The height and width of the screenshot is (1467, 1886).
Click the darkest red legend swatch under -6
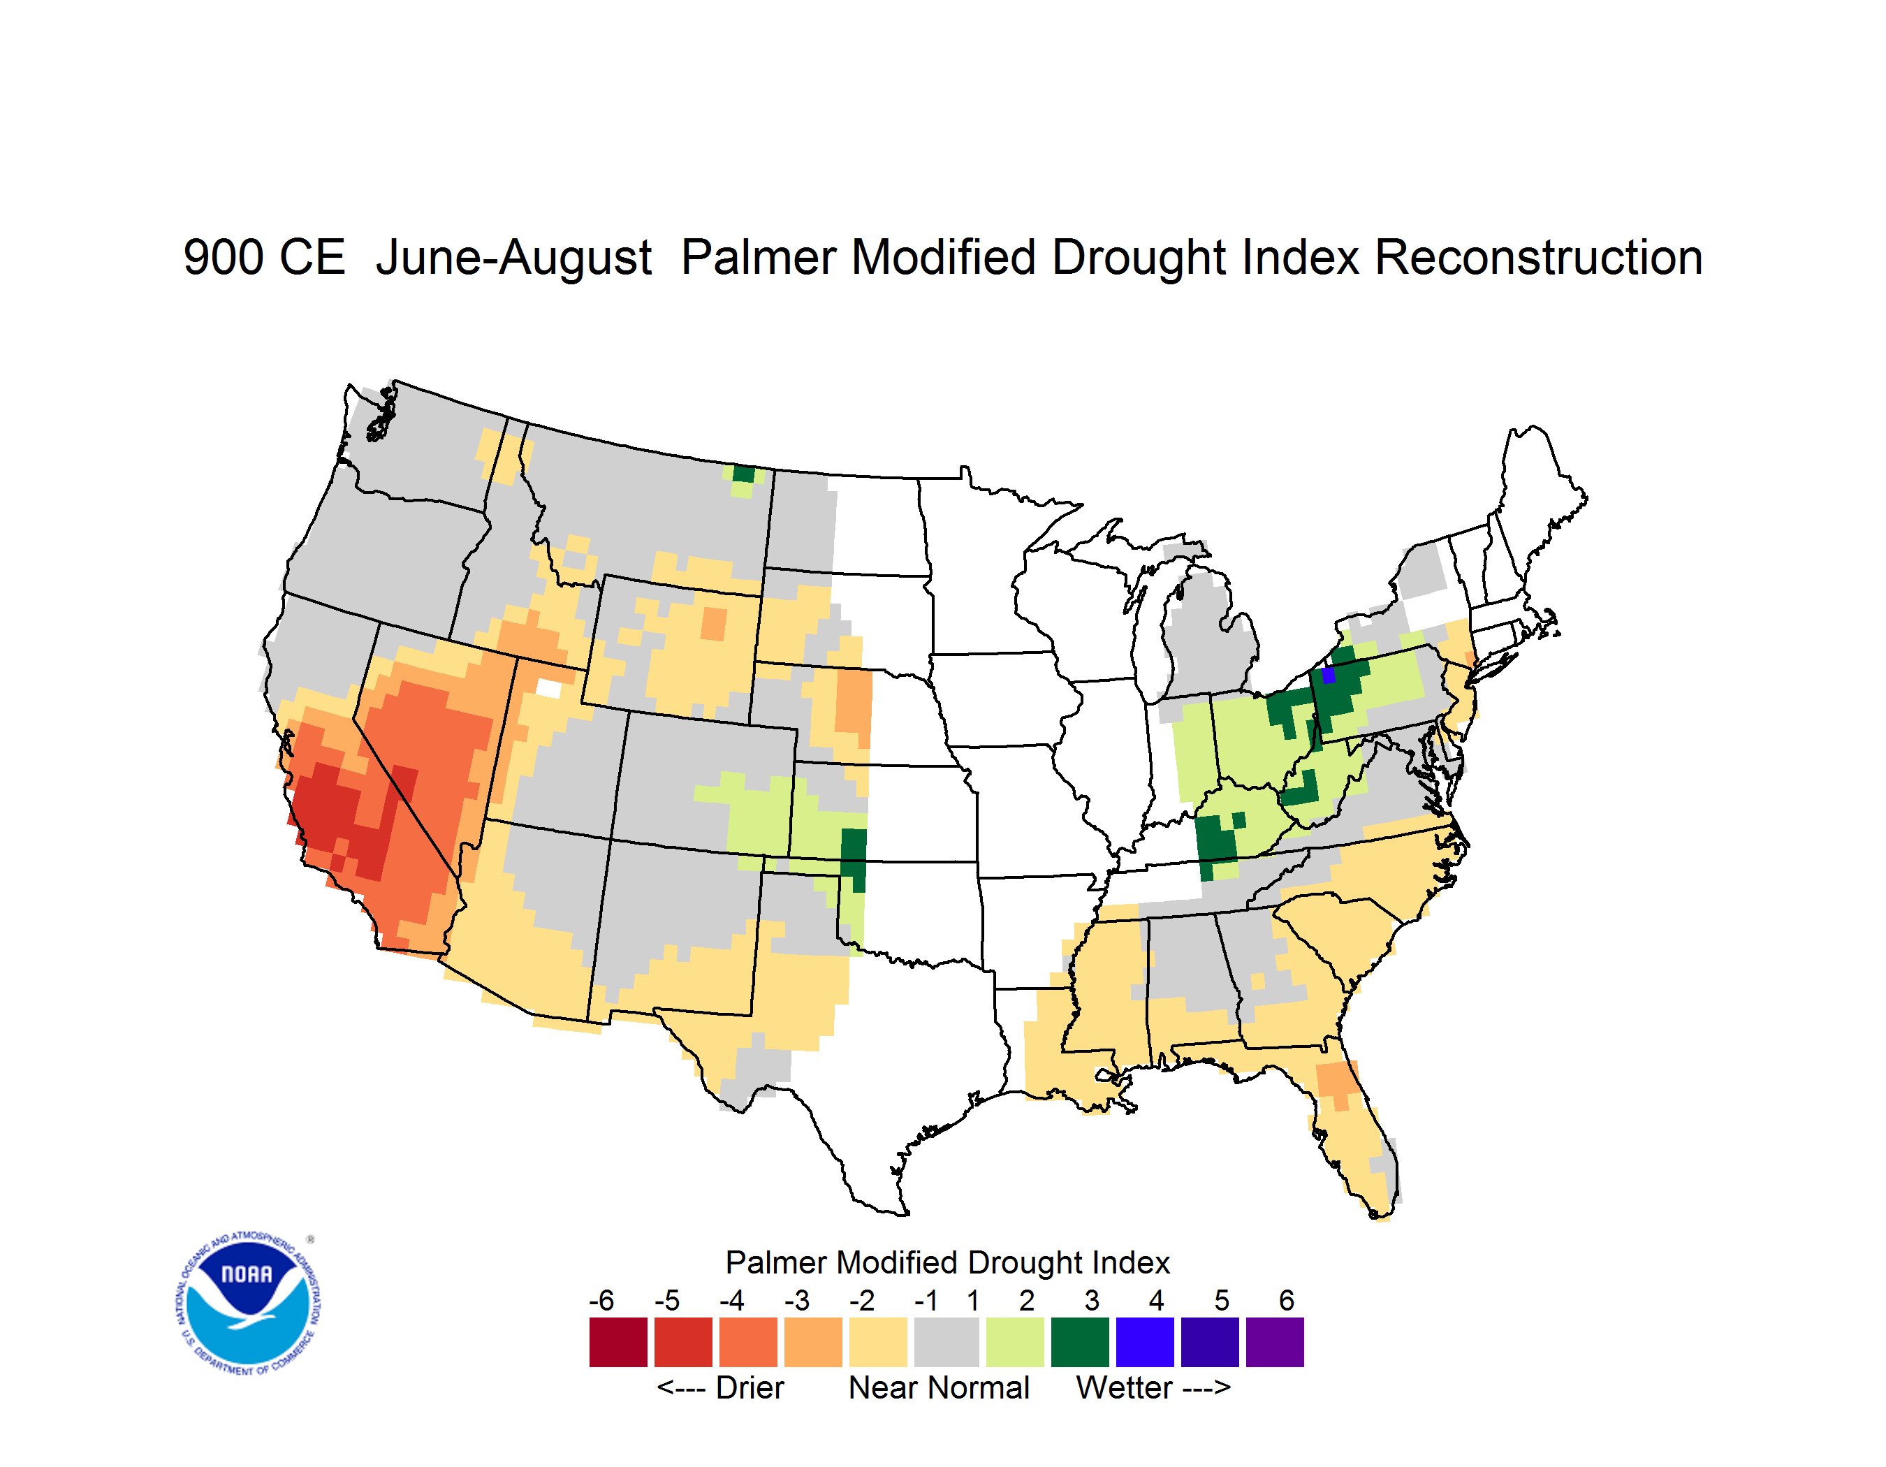click(x=618, y=1343)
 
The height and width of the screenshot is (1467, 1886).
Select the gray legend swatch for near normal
click(x=946, y=1343)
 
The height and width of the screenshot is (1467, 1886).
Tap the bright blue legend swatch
click(x=1145, y=1343)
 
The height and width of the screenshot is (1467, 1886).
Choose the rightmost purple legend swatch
click(x=1275, y=1343)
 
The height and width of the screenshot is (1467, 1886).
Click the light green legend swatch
click(x=1015, y=1343)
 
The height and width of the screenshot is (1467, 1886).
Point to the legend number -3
click(x=797, y=1300)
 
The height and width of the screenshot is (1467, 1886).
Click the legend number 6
click(x=1287, y=1300)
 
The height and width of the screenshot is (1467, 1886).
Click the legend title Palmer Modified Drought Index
click(x=947, y=1262)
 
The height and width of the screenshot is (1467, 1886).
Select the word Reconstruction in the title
click(x=1538, y=257)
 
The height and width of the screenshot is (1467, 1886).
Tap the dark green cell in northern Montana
click(x=743, y=473)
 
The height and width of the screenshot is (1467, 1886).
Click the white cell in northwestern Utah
click(x=548, y=688)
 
